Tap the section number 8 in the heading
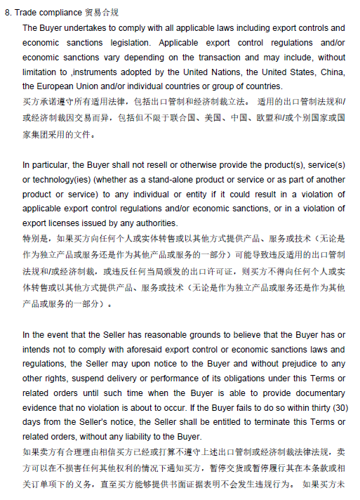click(x=8, y=13)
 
